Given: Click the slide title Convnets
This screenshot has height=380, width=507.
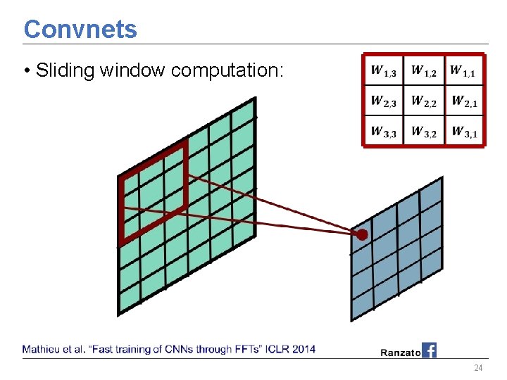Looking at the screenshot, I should (x=80, y=29).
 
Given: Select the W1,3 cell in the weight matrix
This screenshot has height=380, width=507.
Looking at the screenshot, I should (x=384, y=71).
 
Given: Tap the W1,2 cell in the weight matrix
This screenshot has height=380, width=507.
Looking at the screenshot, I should (x=424, y=71).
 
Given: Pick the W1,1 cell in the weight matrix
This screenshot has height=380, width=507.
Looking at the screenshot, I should (x=463, y=71).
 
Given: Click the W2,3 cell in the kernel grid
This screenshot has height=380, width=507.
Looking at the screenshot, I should (x=384, y=102).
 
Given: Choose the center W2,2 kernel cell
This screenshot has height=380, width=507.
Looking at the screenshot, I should (x=424, y=102).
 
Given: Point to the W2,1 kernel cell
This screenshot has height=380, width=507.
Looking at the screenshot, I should (x=464, y=102).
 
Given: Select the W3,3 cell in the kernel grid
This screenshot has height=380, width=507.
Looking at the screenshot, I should (x=384, y=132).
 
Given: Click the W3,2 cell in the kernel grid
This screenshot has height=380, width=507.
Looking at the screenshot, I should (x=424, y=132).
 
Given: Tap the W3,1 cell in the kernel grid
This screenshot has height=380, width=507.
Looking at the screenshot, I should (x=464, y=132).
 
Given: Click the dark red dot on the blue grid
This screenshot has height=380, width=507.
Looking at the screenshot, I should (x=362, y=234).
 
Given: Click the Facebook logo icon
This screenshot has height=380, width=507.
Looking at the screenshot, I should (x=429, y=350).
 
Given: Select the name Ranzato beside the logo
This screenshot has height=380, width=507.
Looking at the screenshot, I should (x=400, y=352).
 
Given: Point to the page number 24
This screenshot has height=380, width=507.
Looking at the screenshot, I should (x=478, y=369).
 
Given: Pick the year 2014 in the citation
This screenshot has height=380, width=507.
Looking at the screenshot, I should (x=303, y=349).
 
